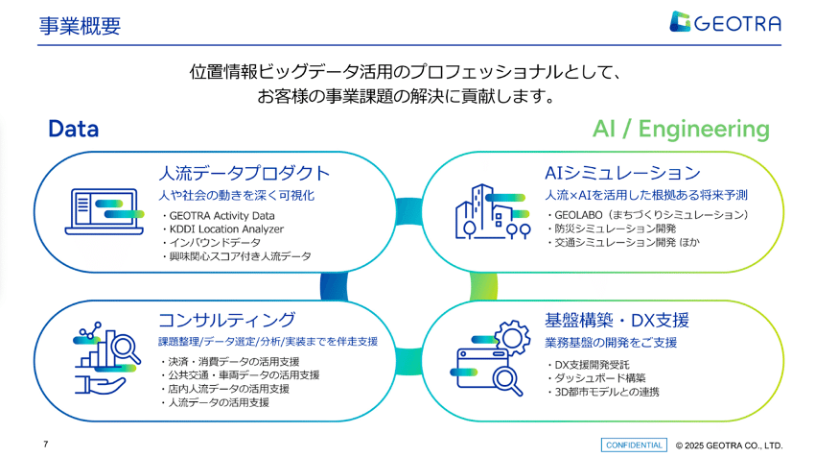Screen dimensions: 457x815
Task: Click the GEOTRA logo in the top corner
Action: (x=726, y=22)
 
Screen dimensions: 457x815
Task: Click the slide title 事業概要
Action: (x=80, y=26)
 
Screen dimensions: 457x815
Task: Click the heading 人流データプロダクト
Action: (x=244, y=174)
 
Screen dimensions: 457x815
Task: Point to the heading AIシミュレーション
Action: (x=622, y=174)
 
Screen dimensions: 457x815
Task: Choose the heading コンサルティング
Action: (x=226, y=320)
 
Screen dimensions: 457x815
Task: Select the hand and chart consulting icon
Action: (x=106, y=360)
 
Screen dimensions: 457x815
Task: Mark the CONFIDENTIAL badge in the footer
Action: (x=634, y=445)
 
